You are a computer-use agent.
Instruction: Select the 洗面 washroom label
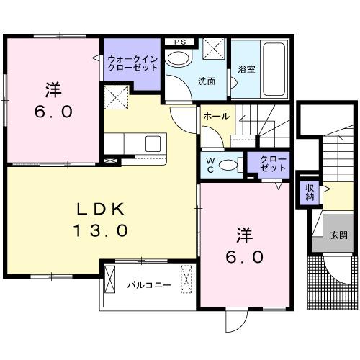(207, 81)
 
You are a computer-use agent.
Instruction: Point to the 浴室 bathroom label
(245, 70)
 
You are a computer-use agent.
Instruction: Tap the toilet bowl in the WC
(229, 164)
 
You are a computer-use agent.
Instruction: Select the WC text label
(210, 164)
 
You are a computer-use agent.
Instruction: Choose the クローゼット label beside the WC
(272, 162)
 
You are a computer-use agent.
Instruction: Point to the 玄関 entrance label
(338, 235)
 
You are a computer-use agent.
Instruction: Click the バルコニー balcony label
(150, 285)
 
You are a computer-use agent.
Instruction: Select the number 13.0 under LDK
(101, 231)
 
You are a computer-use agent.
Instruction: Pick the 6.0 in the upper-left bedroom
(53, 112)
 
